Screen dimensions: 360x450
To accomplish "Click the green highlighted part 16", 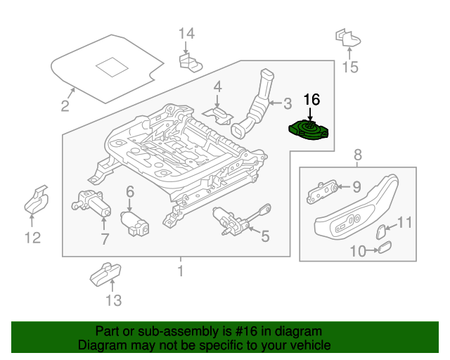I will pyautogui.click(x=309, y=130).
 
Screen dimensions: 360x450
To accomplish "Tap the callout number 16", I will pyautogui.click(x=311, y=101).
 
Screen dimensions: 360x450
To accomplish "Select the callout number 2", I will pyautogui.click(x=65, y=107).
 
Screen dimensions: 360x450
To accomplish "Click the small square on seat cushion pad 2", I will pyautogui.click(x=110, y=66).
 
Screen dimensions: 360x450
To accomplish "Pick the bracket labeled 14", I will pyautogui.click(x=189, y=64).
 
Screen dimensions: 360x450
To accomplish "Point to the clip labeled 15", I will pyautogui.click(x=346, y=37).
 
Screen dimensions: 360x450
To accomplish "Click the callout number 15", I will pyautogui.click(x=349, y=67).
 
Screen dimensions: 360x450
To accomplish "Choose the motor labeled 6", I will pyautogui.click(x=135, y=224).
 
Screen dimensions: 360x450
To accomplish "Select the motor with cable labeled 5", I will pyautogui.click(x=234, y=221).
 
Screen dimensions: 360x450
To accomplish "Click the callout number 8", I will pyautogui.click(x=357, y=155).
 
